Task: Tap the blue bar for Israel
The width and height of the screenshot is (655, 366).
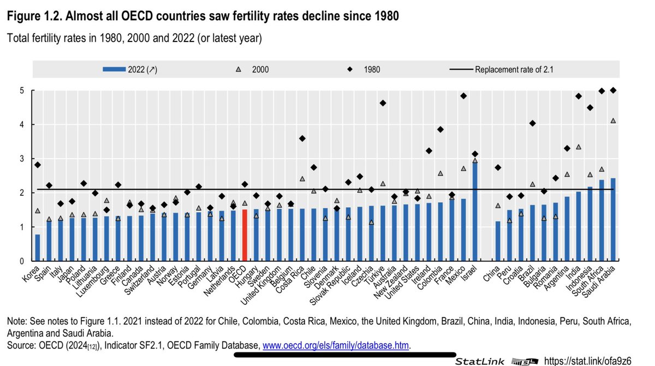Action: (x=474, y=213)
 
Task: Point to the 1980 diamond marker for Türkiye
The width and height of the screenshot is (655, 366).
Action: (x=383, y=103)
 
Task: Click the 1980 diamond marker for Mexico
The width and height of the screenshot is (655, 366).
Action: (x=463, y=96)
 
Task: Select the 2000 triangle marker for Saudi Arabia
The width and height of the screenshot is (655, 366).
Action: (x=613, y=121)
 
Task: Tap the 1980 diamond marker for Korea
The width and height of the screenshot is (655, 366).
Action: (x=37, y=165)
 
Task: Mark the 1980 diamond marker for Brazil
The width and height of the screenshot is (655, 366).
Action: (x=532, y=123)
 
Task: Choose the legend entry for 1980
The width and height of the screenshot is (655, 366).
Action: (x=368, y=69)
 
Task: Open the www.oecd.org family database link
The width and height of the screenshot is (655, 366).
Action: (x=336, y=345)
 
